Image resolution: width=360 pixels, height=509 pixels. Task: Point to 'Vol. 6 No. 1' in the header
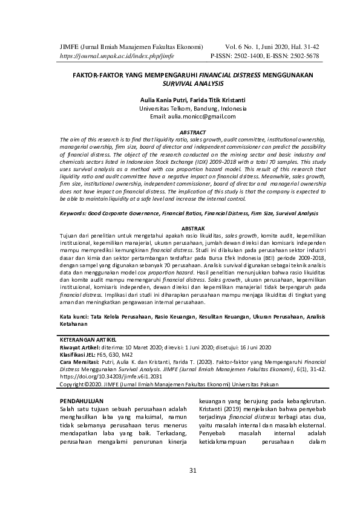point(241,46)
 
